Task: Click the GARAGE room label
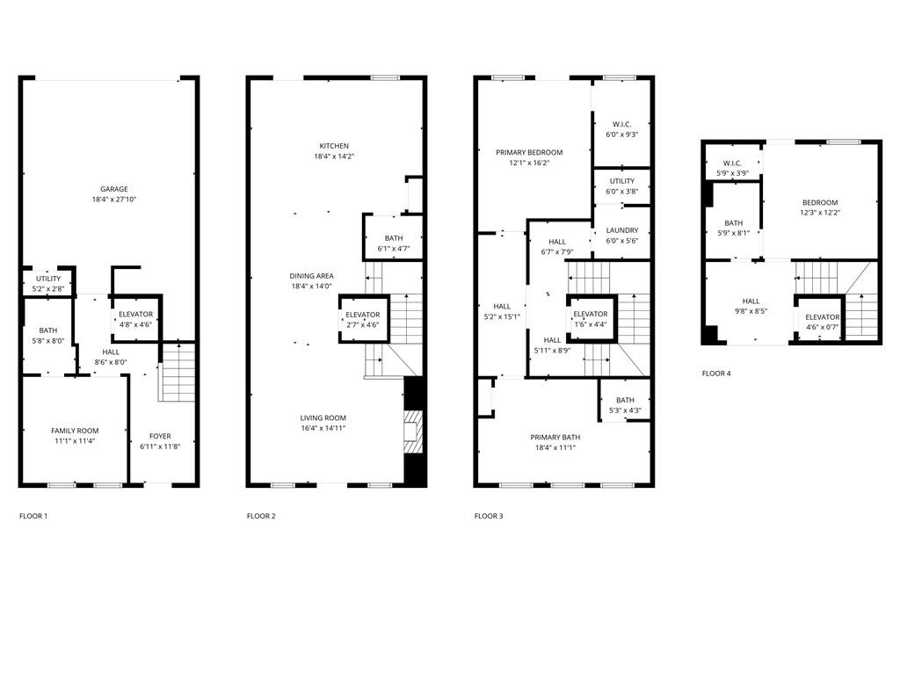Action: pos(113,189)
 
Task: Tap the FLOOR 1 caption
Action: pos(33,516)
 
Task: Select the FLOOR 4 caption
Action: pos(716,374)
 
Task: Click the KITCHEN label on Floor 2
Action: pos(334,146)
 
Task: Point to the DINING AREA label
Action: pos(311,276)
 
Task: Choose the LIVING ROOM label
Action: pos(323,418)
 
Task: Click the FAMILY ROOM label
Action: pos(75,431)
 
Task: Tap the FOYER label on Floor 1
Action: pos(160,436)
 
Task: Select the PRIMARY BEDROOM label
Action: pos(529,152)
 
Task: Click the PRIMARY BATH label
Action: pos(555,437)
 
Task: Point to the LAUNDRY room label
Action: pos(622,230)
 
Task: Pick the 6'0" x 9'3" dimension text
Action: pos(622,134)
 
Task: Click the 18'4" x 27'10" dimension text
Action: pos(113,200)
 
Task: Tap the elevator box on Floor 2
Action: pos(362,319)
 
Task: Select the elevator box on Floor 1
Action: pos(135,319)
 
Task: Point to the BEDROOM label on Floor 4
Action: pos(820,202)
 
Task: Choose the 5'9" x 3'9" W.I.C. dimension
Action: pos(732,173)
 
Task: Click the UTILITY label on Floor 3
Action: pos(622,181)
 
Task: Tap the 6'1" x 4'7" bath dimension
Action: pos(393,249)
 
